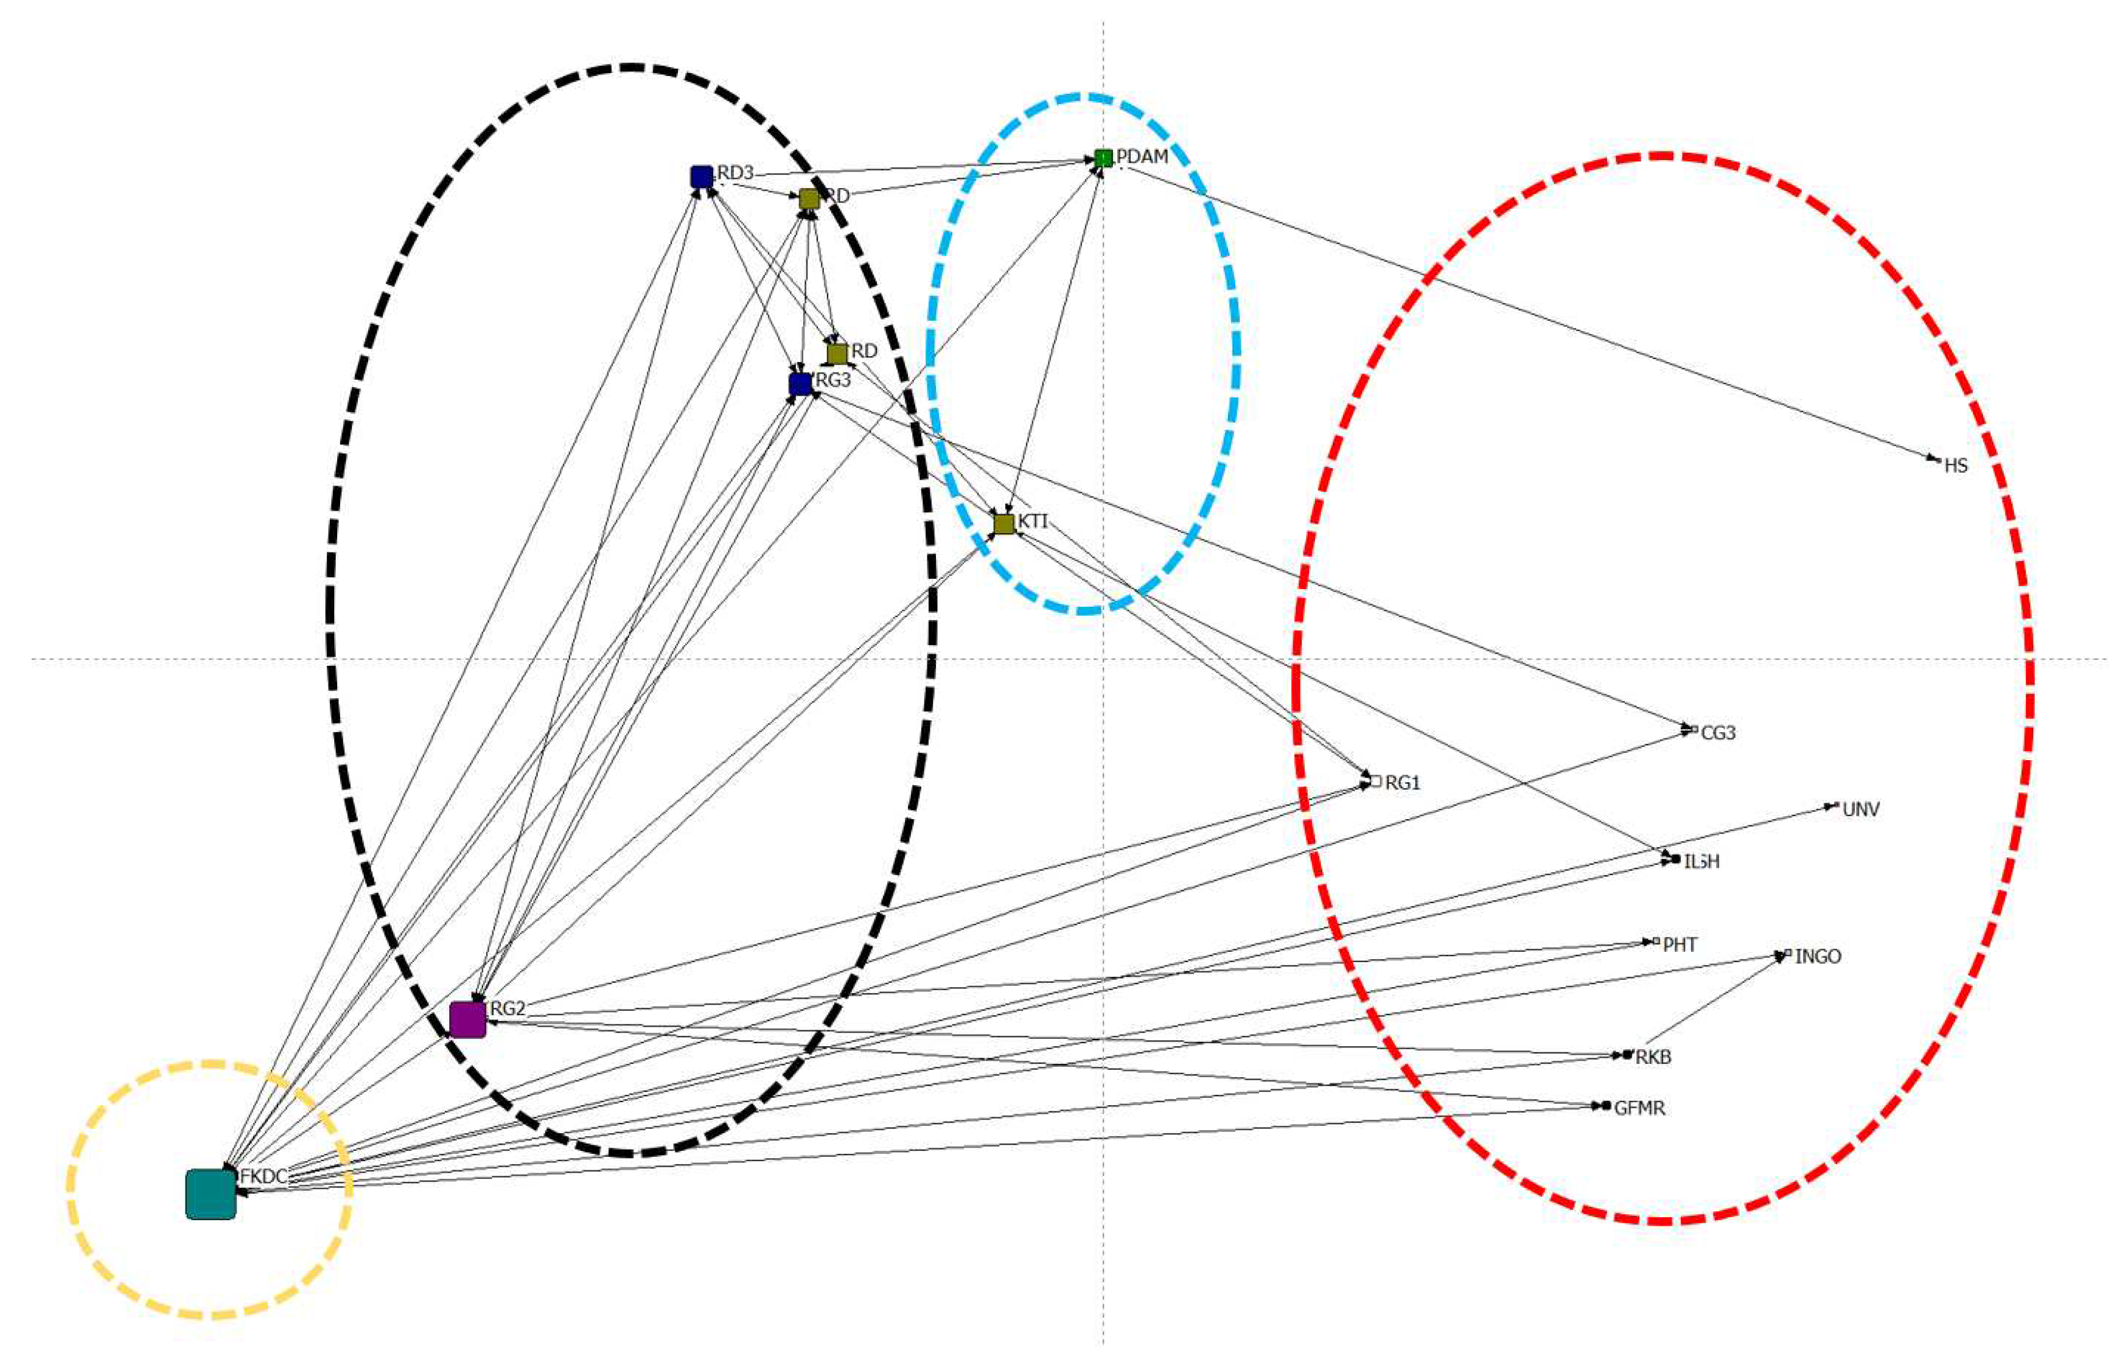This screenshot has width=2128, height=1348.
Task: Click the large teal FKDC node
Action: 211,1194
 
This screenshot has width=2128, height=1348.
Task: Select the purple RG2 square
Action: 467,1019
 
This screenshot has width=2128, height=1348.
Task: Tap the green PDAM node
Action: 1103,158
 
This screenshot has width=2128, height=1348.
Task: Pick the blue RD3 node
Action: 701,176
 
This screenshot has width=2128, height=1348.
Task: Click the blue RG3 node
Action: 800,383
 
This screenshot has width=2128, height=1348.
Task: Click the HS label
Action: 1956,466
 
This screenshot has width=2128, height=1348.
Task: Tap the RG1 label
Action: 1403,782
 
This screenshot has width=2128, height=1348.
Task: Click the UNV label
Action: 1860,809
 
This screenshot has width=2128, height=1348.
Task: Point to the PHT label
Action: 1680,945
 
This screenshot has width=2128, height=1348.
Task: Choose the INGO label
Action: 1818,957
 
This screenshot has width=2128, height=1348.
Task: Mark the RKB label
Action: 1653,1057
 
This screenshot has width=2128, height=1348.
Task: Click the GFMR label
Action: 1639,1108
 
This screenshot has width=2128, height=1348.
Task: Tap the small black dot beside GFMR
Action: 1606,1106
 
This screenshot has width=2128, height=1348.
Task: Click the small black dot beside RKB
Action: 1627,1055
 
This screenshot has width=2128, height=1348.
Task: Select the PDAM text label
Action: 1143,156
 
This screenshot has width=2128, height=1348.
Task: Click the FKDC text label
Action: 264,1176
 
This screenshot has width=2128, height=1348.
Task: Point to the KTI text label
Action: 1033,522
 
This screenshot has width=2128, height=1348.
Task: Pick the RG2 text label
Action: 508,1008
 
